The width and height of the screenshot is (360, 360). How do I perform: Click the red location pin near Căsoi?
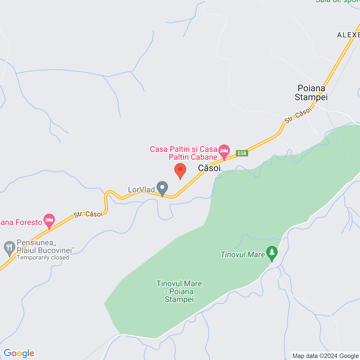[x=180, y=170]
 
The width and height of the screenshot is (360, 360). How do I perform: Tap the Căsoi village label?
[x=209, y=168]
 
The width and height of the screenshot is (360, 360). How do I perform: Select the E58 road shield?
[x=242, y=153]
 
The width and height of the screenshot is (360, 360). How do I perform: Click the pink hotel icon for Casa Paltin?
[x=224, y=151]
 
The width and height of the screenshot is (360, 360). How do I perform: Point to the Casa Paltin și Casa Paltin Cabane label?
[x=184, y=153]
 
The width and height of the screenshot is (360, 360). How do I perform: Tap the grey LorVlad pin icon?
[x=162, y=188]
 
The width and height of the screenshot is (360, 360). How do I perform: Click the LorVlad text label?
[x=141, y=190]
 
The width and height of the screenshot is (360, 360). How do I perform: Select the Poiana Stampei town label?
[x=311, y=93]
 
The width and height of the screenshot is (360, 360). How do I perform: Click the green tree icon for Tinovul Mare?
[x=272, y=252]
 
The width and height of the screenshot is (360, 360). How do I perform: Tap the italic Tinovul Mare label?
[x=242, y=255]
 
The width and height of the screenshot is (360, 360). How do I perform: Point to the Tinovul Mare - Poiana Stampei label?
[x=179, y=291]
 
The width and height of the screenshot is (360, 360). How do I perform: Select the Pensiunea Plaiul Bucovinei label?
[x=46, y=246]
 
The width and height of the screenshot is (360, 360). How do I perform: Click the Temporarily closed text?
[x=43, y=258]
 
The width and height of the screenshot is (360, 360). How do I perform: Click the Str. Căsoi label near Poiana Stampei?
[x=298, y=115]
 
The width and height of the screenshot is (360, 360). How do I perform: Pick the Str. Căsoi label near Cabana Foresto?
[x=88, y=214]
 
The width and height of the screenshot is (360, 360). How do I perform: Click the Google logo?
[x=19, y=353]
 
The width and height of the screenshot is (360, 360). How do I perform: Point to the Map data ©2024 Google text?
[x=325, y=356]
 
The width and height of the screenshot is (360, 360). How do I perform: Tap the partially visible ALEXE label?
[x=348, y=35]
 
